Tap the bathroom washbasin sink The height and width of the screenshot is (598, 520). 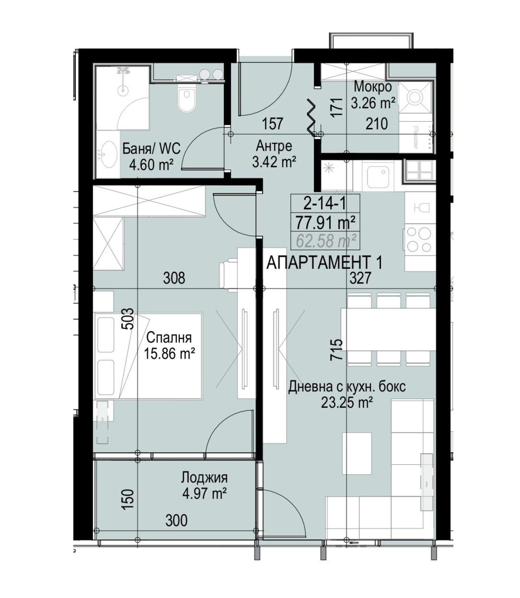coord(109,154)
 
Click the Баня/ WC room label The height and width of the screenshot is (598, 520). coord(151,149)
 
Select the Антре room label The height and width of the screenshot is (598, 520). coord(274,146)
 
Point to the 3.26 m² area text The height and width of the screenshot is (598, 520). coord(373,103)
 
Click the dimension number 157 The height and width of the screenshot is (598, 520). coord(272,124)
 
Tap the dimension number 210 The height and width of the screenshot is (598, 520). coord(377,124)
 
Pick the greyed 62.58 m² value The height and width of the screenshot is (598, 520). coord(326,241)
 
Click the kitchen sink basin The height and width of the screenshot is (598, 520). coord(378,175)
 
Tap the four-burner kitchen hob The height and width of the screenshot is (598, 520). coord(419,239)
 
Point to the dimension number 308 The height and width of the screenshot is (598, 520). coord(174,278)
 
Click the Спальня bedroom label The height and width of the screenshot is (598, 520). coord(169,337)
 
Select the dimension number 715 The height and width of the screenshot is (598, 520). coord(336,349)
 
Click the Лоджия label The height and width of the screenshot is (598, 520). coord(204,478)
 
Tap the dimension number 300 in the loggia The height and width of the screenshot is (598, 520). coord(176,520)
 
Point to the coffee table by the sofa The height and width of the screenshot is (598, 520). coord(357,453)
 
